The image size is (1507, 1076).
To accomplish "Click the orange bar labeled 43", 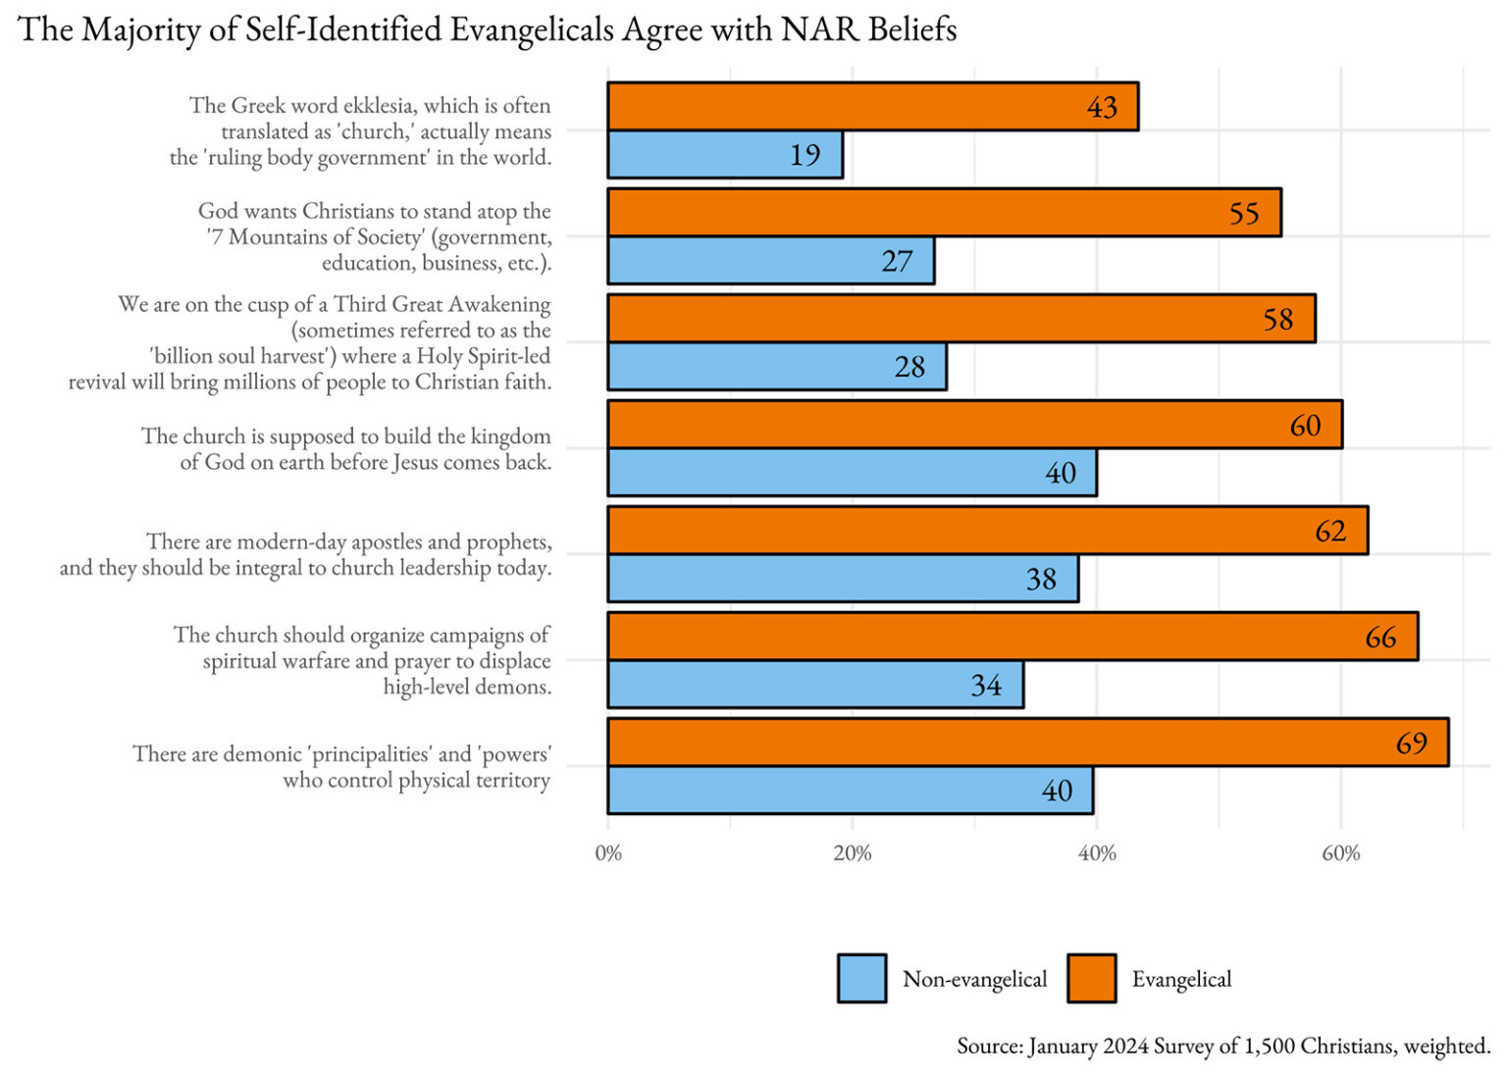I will (872, 107).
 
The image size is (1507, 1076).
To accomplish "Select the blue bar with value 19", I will (725, 155).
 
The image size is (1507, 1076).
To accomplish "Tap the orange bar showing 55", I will (944, 213).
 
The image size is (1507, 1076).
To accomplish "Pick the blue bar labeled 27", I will (770, 261).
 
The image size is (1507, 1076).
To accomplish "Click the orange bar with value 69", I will (1027, 742).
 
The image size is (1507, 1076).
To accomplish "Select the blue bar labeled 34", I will (815, 685).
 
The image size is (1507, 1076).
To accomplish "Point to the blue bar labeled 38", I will (842, 579).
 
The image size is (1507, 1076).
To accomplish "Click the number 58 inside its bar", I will (1277, 320).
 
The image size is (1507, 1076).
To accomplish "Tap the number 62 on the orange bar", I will (1330, 532).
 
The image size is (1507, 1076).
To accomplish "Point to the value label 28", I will (909, 367).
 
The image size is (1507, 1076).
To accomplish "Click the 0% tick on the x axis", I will (608, 853).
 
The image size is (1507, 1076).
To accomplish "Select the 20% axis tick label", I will (852, 853).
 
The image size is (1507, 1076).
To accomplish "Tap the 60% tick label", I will (1340, 853).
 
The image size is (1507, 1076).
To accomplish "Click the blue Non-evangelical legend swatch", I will (861, 979).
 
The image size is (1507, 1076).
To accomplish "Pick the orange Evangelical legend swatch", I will (1091, 979).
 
